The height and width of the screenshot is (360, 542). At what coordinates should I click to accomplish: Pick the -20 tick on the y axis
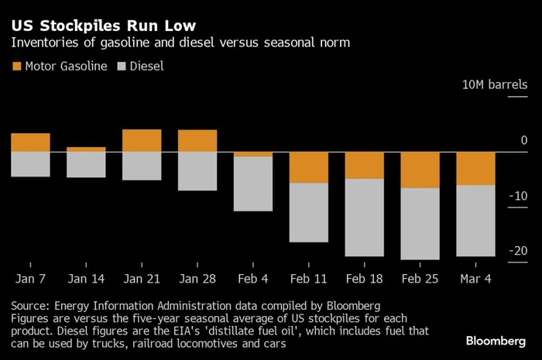click(518, 250)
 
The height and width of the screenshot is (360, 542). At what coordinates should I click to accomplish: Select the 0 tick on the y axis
click(524, 140)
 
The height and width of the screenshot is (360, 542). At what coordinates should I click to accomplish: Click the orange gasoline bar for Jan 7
click(30, 142)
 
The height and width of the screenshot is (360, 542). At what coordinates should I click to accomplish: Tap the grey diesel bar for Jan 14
click(86, 164)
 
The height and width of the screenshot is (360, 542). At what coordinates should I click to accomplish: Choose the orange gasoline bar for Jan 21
click(142, 140)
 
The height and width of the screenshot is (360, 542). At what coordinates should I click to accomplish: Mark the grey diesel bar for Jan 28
click(197, 171)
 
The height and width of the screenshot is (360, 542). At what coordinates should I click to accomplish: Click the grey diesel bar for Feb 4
click(253, 183)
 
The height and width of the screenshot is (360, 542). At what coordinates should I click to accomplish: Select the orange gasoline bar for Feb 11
click(309, 167)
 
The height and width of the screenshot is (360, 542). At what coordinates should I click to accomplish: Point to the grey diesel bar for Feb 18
click(365, 218)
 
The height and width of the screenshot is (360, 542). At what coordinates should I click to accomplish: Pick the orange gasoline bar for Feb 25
click(420, 170)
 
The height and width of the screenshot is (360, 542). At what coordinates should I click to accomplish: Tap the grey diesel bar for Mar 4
click(476, 221)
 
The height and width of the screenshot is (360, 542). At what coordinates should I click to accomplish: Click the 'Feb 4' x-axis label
click(253, 276)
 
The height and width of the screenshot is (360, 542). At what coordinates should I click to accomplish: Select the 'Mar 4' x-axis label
click(476, 276)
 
